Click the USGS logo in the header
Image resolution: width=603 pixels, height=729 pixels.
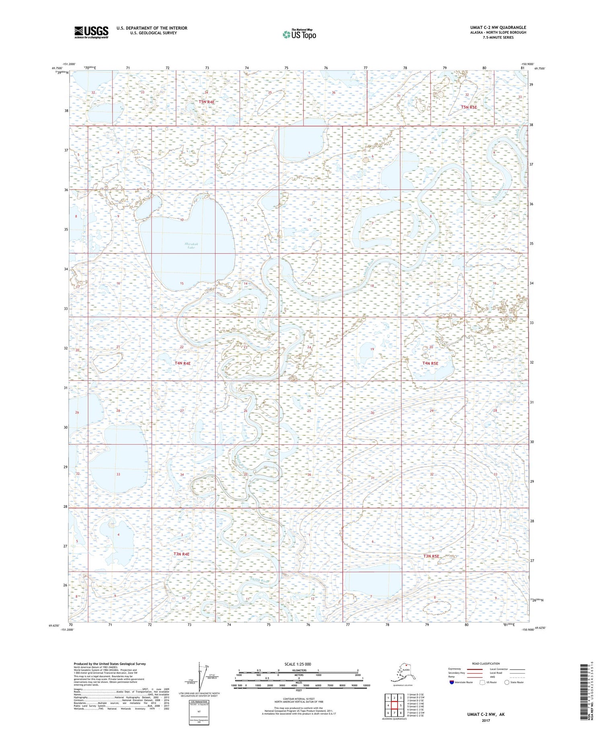click(x=91, y=32)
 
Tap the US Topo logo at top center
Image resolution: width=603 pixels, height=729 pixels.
click(x=299, y=34)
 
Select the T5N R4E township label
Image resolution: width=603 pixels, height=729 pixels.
click(x=207, y=102)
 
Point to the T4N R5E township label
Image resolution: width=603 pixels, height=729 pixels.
click(x=430, y=363)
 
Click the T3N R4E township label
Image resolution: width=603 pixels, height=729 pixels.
click(x=181, y=554)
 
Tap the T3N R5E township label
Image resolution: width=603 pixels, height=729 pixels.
click(x=431, y=556)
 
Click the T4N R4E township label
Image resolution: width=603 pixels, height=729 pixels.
click(x=183, y=363)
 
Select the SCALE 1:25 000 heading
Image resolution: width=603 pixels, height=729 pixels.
click(x=297, y=664)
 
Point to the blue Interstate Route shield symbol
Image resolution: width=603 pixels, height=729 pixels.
click(x=452, y=682)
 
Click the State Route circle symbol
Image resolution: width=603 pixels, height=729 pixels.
click(x=507, y=682)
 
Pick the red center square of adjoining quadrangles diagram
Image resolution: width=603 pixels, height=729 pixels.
click(x=395, y=705)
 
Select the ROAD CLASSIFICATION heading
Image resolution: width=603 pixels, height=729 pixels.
click(x=486, y=664)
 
